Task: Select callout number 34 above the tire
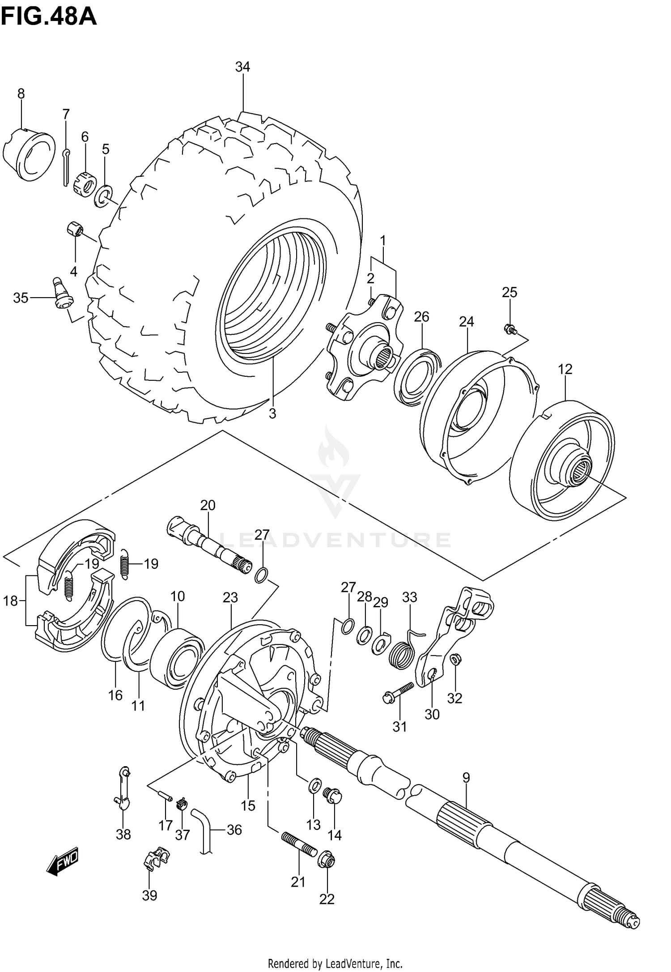(x=242, y=67)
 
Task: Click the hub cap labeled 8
(x=29, y=154)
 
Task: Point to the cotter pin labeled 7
(x=65, y=166)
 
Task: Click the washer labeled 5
(x=103, y=196)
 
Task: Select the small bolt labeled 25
(x=510, y=330)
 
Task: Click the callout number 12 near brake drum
(x=565, y=369)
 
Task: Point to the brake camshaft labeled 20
(x=208, y=546)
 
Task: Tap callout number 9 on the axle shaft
(x=466, y=778)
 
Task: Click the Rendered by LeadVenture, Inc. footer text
(x=335, y=963)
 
